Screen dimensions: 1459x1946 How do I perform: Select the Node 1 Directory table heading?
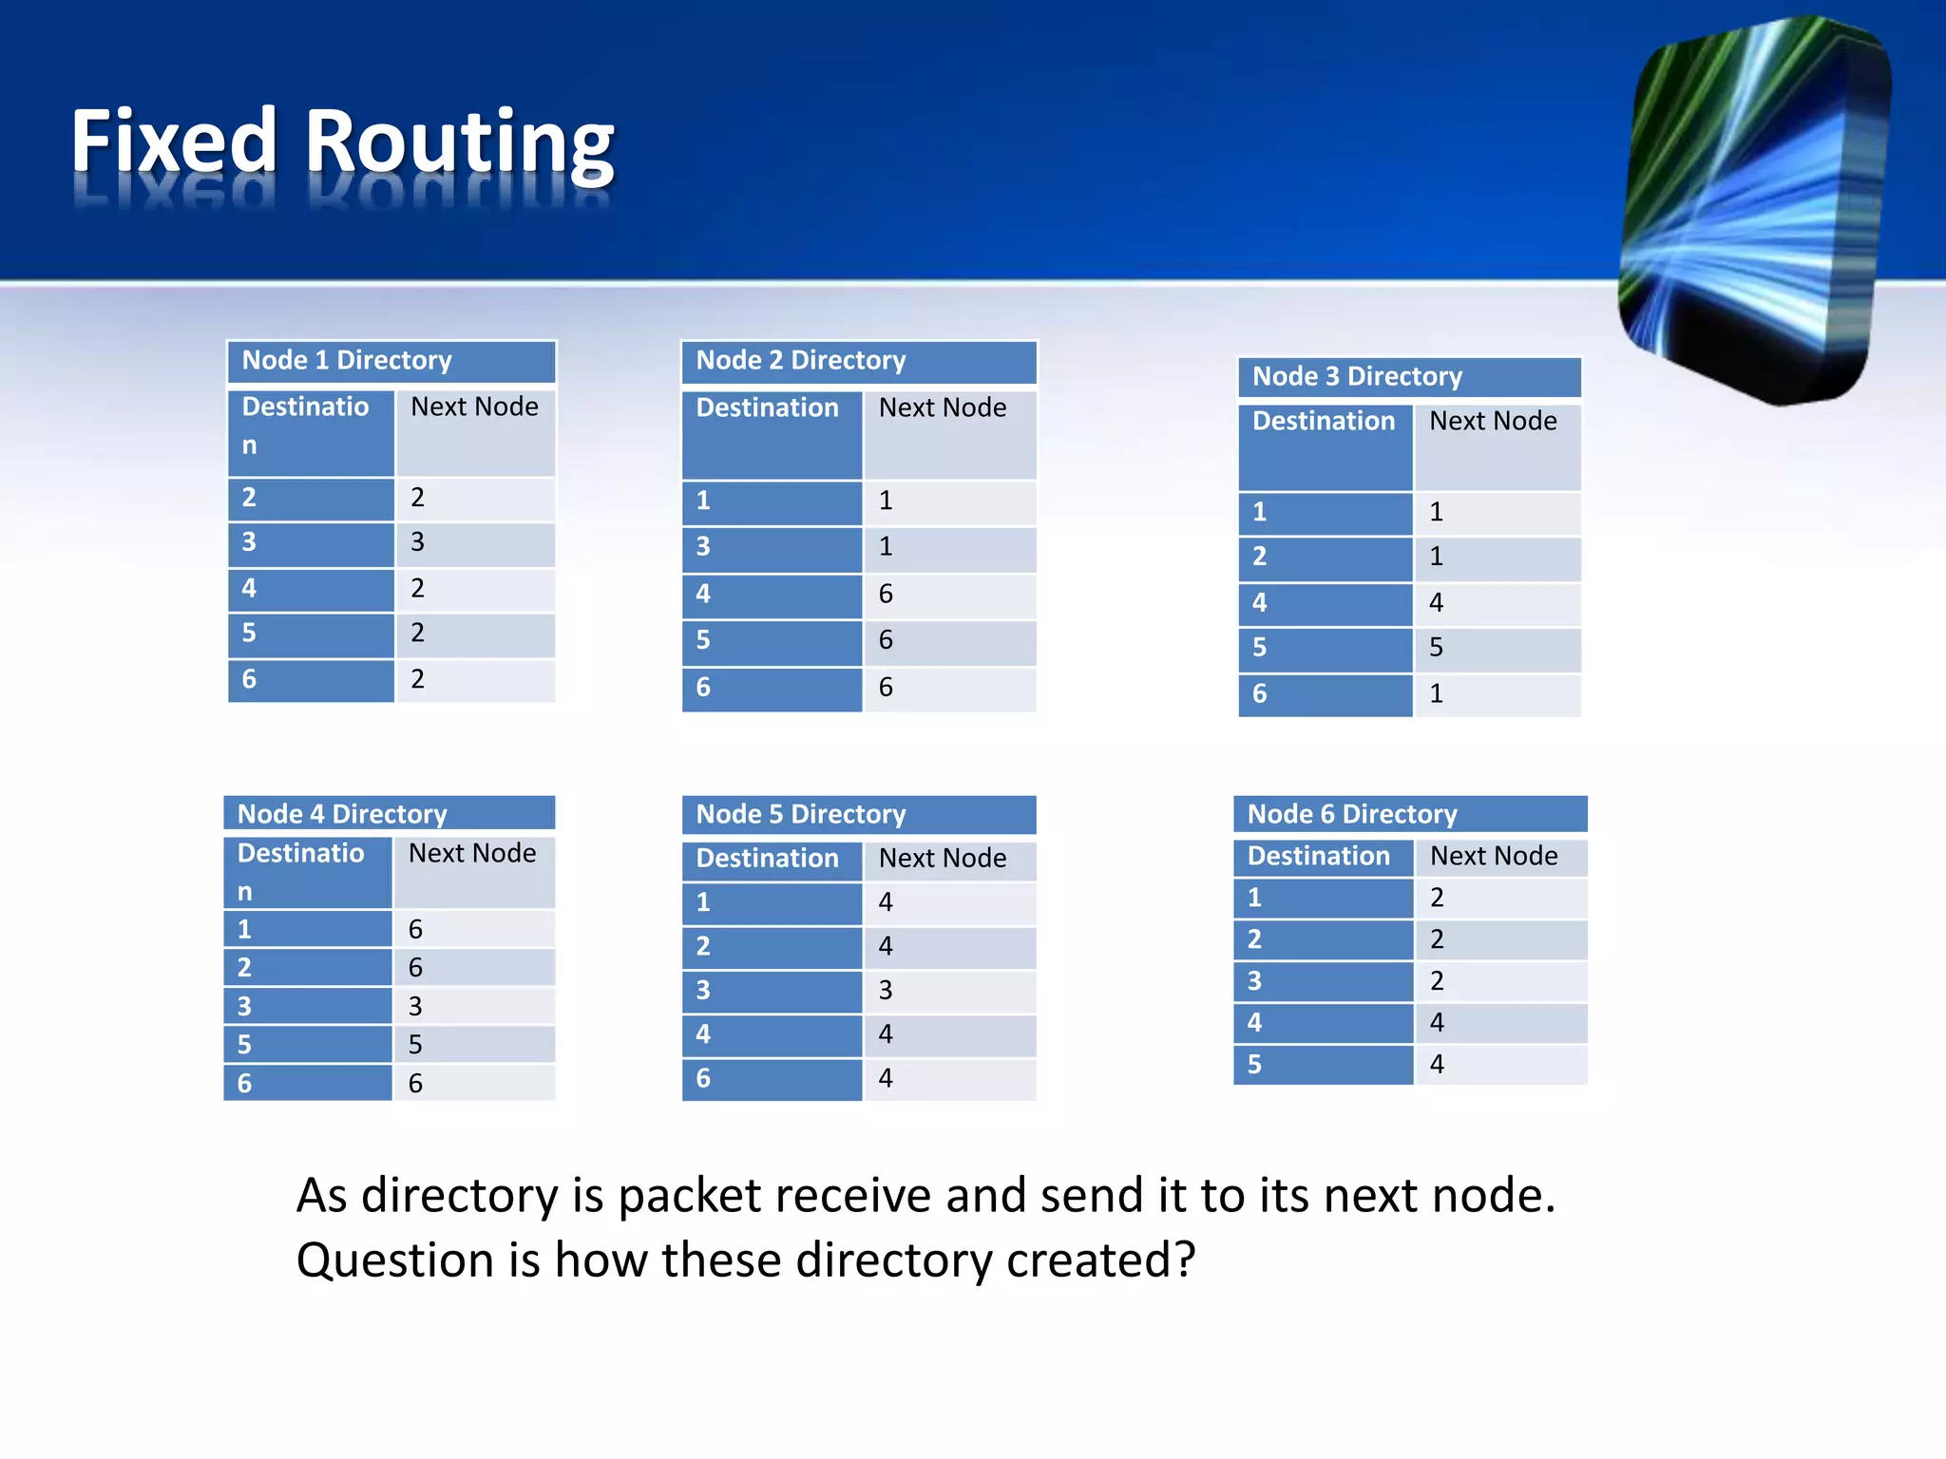point(347,360)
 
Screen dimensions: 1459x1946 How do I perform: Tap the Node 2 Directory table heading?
point(801,360)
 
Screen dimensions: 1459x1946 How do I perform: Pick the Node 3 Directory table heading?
point(1357,376)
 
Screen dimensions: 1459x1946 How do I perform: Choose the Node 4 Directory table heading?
point(342,814)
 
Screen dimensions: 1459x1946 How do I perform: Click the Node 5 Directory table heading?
point(801,814)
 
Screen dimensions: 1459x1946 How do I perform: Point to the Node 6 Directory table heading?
point(1352,814)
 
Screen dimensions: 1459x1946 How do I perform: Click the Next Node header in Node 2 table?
point(943,407)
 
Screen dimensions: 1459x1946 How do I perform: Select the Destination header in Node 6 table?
point(1319,856)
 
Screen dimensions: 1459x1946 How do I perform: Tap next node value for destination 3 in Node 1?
point(418,542)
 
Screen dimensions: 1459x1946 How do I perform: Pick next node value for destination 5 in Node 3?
point(1437,648)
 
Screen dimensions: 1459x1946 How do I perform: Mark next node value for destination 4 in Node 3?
point(1437,602)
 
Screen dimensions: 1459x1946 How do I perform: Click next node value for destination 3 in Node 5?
point(886,990)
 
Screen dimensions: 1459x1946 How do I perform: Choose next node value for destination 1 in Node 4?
point(416,929)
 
